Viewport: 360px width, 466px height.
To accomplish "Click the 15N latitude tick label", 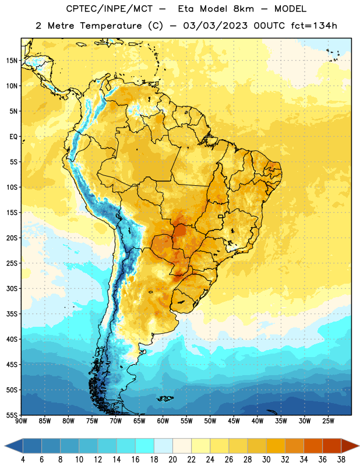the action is [12, 61].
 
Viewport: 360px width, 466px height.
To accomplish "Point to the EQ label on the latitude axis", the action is [13, 137].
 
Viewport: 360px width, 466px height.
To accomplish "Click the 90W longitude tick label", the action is [21, 421].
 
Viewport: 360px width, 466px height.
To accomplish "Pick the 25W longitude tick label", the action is [328, 421].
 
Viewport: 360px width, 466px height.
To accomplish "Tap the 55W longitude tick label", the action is [186, 421].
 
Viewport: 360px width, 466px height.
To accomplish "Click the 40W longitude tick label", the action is [257, 421].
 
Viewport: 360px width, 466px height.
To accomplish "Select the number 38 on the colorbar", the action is [341, 460].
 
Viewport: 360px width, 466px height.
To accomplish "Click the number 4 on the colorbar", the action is [23, 460].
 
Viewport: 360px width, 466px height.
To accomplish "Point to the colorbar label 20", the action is [172, 460].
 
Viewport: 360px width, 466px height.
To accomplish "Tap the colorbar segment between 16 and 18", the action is [144, 446].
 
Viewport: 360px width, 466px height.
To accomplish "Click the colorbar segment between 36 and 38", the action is [332, 446].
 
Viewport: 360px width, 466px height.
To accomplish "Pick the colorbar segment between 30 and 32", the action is [276, 446].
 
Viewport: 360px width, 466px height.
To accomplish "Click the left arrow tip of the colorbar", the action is [5, 446].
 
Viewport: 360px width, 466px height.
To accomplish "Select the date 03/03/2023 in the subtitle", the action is [215, 26].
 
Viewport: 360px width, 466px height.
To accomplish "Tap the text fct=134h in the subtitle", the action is [314, 26].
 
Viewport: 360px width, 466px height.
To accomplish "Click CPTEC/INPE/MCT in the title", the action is [109, 9].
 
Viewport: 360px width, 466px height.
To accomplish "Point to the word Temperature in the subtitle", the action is [111, 26].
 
